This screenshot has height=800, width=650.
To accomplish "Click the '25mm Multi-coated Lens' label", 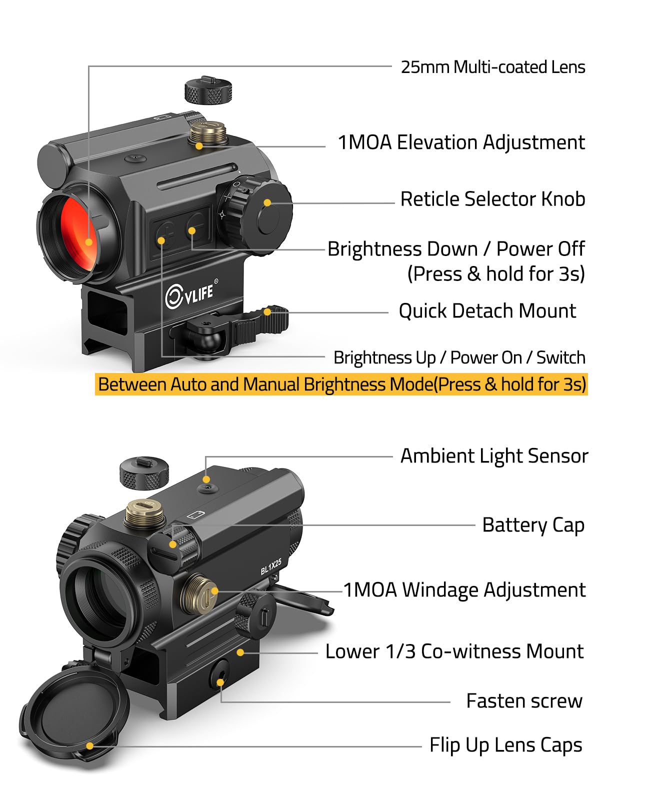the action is pos(492,67).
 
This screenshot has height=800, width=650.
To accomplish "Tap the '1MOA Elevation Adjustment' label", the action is pos(461,142).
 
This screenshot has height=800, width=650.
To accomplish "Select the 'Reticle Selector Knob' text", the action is pos(492,199).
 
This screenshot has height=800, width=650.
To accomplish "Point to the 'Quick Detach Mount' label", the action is pos(487,311).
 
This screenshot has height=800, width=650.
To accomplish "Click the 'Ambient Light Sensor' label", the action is pos(494,456).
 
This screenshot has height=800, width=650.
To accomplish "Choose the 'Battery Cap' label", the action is pos(533,525).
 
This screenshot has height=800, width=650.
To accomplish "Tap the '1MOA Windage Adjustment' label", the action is pos(464,589).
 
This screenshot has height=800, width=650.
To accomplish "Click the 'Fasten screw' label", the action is pos(524,701).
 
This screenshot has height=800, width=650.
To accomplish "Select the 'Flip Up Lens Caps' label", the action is pos(506,745).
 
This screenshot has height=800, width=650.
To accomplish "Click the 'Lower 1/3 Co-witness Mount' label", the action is pos(454,651).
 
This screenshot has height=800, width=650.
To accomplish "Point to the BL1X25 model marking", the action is pos(270,567).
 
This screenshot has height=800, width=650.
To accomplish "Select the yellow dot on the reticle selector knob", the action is pos(267,203).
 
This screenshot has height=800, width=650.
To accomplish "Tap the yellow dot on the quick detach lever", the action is pos(267,311).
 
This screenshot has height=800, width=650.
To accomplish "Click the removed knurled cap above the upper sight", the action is pos(208,90).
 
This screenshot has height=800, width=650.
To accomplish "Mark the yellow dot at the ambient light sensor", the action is pos(206,479).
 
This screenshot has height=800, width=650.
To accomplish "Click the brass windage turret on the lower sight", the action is pos(199,594).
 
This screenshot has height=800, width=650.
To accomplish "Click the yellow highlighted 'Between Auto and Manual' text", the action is pos(341,384).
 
